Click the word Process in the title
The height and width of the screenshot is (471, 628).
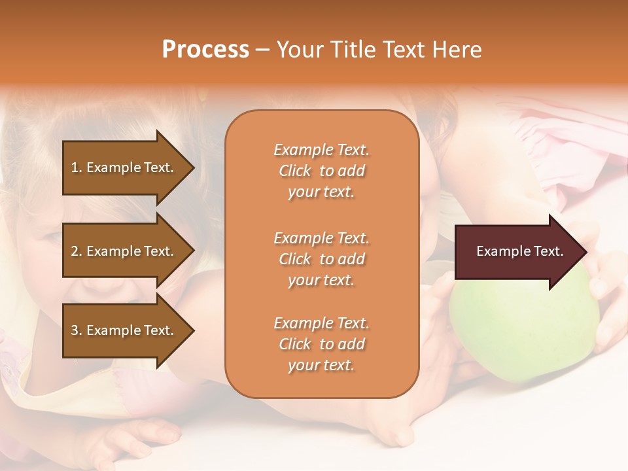(x=205, y=49)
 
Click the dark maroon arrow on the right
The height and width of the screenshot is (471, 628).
(x=517, y=251)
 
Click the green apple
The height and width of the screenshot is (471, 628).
(x=523, y=327)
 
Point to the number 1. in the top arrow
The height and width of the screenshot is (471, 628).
(x=76, y=167)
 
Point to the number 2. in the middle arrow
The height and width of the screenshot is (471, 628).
(x=76, y=251)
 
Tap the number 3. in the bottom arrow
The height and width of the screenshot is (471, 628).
(x=76, y=330)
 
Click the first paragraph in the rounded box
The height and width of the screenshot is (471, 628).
(x=321, y=171)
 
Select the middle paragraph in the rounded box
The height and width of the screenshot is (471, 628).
(x=321, y=259)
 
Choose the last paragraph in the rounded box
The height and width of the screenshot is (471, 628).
(x=321, y=344)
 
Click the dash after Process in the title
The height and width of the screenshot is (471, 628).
(x=262, y=50)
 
